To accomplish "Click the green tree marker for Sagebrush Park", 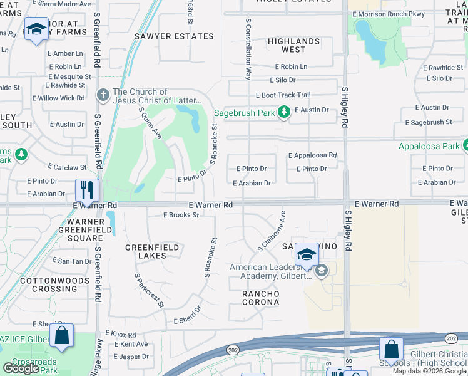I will coord(284,113).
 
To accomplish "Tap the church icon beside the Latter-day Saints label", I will coord(103,96).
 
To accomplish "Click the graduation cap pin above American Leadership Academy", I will coord(307,254).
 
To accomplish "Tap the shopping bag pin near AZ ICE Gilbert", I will coord(62,335).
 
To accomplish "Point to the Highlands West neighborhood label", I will coord(293,45).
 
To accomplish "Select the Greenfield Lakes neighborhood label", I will coord(152,251).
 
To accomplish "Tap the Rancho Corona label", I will coord(262,298).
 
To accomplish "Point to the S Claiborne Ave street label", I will coord(272,231).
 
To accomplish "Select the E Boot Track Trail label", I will coord(283,95).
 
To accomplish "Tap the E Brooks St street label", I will coord(181,215).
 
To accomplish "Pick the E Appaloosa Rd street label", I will coord(312,155).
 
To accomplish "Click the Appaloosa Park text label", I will coord(429,147).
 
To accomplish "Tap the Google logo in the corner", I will coord(21,368).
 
